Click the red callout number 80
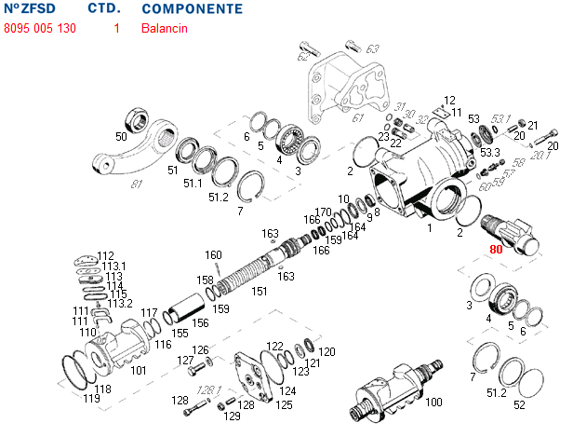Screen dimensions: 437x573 [496, 250]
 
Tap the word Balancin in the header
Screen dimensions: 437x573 [165, 28]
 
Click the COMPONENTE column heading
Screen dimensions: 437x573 [193, 9]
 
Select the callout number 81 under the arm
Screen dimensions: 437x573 [137, 184]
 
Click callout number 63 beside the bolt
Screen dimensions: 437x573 [372, 48]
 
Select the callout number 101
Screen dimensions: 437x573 [139, 370]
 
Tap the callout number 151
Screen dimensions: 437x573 [260, 291]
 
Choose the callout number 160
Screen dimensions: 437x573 [213, 254]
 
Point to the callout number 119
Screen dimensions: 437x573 [91, 399]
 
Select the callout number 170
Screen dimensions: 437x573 [323, 212]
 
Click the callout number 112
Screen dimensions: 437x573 [106, 255]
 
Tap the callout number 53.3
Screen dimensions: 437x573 [490, 152]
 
